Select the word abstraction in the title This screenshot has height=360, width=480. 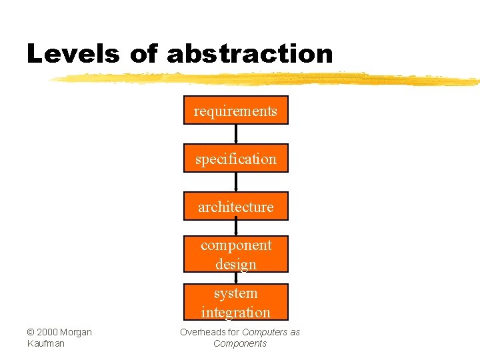pos(249,54)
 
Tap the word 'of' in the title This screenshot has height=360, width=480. pos(144,54)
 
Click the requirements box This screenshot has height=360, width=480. pos(236,111)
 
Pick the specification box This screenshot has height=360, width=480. pos(236,159)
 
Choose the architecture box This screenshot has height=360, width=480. pos(236,207)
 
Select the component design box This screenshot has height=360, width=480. pos(236,254)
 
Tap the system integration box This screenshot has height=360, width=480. pos(236,302)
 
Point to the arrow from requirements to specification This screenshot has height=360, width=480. pos(236,134)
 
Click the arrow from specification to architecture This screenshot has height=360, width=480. pos(236,182)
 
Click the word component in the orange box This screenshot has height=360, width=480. pos(236,245)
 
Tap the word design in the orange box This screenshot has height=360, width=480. pos(236,264)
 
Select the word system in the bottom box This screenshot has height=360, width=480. pos(236,293)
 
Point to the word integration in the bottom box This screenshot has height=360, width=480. pos(236,312)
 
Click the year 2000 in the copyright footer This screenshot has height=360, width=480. pos(47,332)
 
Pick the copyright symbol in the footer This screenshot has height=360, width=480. pos(31,332)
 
